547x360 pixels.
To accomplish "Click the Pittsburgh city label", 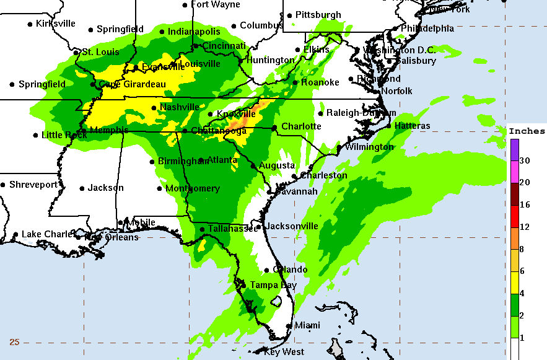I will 318,14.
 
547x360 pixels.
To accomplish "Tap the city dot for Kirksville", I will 30,24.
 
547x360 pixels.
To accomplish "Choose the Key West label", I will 284,352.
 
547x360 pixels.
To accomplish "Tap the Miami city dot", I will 289,325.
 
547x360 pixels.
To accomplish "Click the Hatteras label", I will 412,126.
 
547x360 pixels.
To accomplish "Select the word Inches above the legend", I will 527,131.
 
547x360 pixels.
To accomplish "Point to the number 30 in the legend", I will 524,160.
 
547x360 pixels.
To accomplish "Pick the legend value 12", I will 524,227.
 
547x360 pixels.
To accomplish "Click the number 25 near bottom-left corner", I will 14,342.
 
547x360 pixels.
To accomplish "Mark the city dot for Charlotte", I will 274,128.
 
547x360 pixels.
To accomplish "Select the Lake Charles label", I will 46,234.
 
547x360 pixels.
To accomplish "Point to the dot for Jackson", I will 82,188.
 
